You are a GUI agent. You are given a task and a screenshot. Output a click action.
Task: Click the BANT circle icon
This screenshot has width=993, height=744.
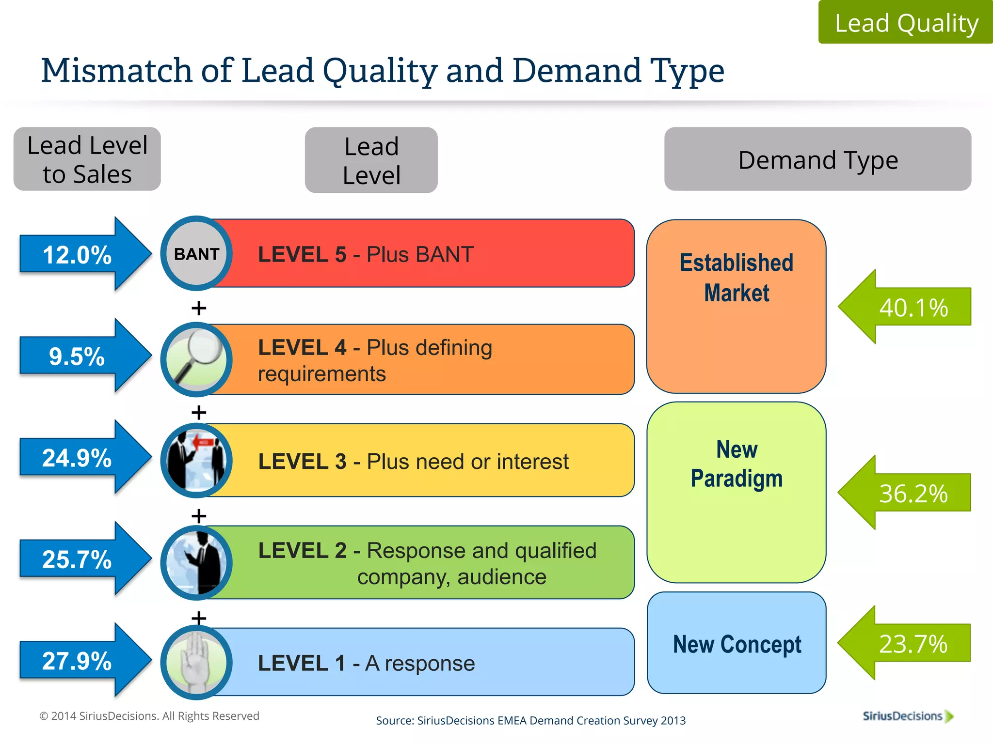pos(196,253)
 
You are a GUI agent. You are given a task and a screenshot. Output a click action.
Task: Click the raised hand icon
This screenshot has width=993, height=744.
pos(196,662)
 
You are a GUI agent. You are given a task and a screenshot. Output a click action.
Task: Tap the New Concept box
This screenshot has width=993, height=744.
pos(737,643)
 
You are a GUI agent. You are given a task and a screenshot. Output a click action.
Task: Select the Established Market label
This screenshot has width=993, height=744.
pos(737,278)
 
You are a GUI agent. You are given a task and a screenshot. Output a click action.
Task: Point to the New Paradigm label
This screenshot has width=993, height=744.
pos(737,464)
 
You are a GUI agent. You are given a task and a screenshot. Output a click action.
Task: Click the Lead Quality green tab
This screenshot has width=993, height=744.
pos(906,22)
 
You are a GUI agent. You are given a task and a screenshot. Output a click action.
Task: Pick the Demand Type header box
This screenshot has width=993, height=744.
pos(817,159)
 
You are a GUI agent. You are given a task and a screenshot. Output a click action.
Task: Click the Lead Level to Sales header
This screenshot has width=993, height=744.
pos(87,159)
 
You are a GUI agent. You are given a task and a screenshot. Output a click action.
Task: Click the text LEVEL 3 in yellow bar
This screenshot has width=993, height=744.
pos(302,461)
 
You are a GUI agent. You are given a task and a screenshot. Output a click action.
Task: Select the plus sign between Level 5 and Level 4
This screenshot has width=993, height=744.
pos(199,308)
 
